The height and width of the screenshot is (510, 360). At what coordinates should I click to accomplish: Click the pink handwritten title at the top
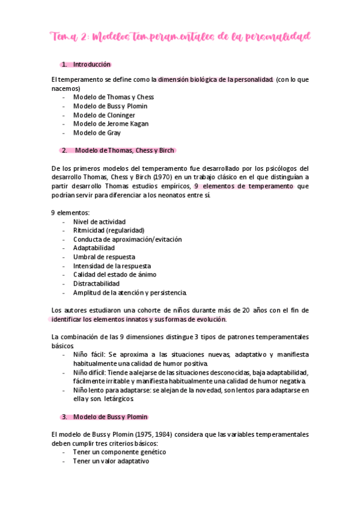pos(180,37)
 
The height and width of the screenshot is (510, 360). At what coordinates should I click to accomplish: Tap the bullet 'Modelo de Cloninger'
pos(104,115)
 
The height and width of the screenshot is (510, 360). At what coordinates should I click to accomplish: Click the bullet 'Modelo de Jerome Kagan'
pos(111,124)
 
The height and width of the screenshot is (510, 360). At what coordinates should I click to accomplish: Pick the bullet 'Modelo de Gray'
pos(97,133)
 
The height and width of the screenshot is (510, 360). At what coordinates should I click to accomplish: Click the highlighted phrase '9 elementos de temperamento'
pos(243,186)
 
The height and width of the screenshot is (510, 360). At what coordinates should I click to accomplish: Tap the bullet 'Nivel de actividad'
pos(99,221)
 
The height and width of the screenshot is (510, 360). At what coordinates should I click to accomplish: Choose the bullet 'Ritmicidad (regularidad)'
pos(109,230)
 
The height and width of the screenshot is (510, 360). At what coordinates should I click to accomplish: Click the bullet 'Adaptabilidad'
pos(94,248)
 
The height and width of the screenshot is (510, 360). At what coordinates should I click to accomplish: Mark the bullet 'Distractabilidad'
pos(96,283)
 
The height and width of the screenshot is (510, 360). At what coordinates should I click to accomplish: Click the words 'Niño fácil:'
pos(89,354)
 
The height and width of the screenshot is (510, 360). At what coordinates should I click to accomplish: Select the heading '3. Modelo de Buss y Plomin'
pos(111,417)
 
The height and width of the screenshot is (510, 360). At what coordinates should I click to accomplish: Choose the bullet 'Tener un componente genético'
pos(119,452)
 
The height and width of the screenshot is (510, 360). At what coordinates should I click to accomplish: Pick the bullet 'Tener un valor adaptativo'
pos(111,461)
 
